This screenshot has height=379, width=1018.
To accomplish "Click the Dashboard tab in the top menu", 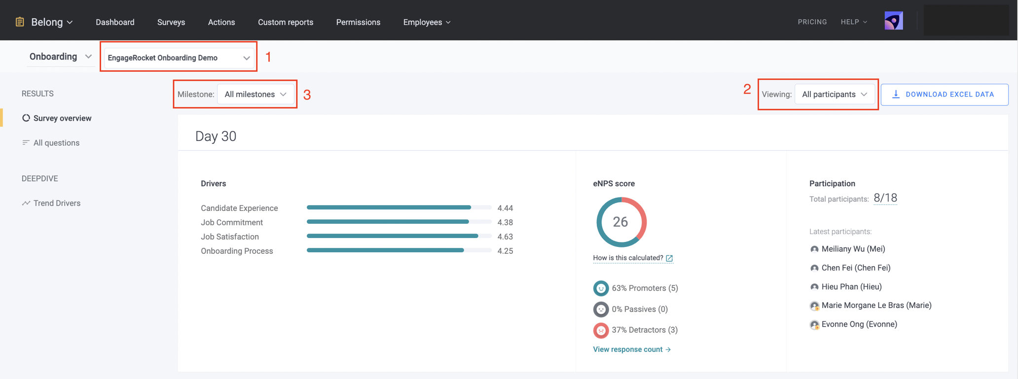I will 115,22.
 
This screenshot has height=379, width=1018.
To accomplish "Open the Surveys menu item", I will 171,22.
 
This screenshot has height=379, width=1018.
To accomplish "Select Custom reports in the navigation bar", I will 285,22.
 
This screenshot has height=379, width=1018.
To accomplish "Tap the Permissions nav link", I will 358,22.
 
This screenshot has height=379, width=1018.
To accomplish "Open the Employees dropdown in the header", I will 427,22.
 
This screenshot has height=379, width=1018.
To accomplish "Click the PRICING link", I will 812,22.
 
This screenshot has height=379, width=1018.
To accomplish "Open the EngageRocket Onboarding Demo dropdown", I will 179,58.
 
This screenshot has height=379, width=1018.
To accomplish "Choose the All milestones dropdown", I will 255,94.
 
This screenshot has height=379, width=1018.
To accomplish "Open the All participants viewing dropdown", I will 834,94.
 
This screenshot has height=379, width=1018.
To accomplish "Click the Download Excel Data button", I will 944,94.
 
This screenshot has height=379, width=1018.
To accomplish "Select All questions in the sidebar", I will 56,143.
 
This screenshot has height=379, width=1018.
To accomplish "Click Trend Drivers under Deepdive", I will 57,203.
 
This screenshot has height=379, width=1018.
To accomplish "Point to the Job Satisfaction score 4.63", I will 505,237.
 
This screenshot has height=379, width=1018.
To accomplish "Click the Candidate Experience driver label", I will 239,208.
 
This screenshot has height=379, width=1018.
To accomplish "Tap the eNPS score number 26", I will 620,222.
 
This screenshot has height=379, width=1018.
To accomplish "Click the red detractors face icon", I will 600,330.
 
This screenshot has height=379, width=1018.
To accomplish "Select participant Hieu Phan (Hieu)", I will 851,287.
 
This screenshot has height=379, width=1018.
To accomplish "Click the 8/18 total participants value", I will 885,198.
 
